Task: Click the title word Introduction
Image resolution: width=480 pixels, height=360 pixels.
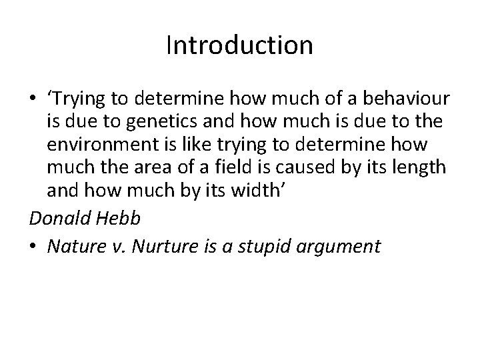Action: click(239, 45)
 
